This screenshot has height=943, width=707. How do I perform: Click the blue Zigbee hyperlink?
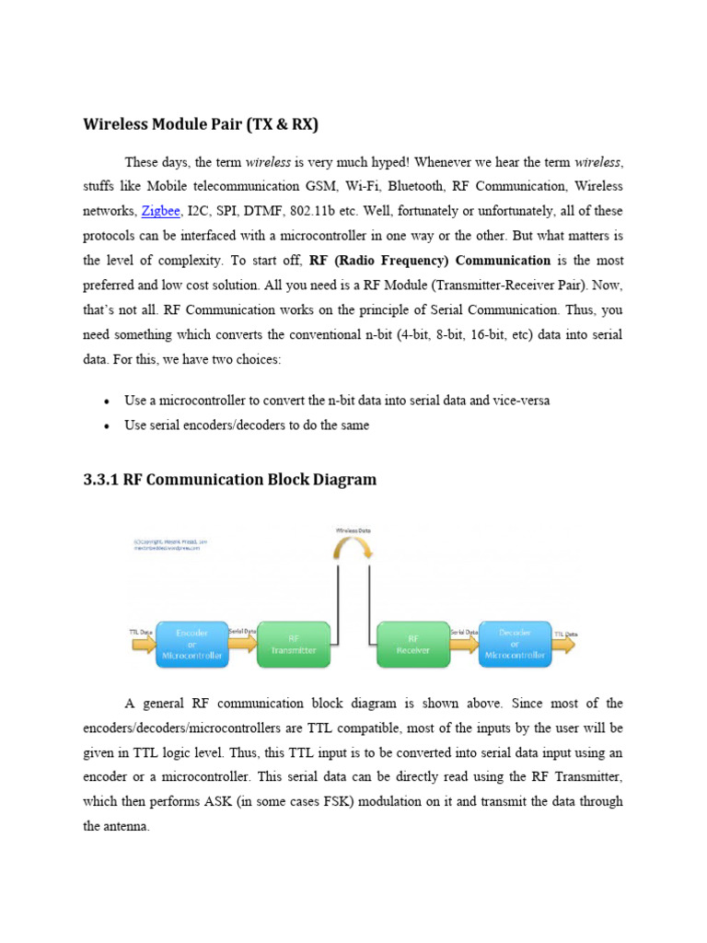[160, 211]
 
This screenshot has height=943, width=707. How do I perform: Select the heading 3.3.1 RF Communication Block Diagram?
[230, 480]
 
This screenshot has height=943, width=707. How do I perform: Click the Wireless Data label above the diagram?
[353, 530]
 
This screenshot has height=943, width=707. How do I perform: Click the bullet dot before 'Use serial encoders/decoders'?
[108, 426]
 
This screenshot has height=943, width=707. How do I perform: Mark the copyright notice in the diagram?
[169, 545]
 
